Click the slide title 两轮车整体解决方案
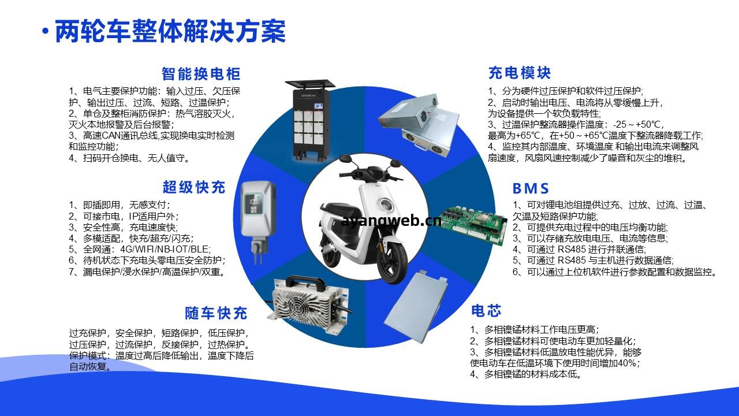pyautogui.click(x=170, y=32)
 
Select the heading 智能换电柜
pyautogui.click(x=201, y=74)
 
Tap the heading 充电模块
pyautogui.click(x=519, y=73)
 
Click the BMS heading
pyautogui.click(x=531, y=188)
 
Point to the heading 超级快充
pyautogui.click(x=194, y=187)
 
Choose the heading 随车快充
pyautogui.click(x=216, y=313)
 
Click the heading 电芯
pyautogui.click(x=486, y=311)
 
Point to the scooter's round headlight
pyautogui.click(x=385, y=204)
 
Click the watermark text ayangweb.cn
pyautogui.click(x=391, y=221)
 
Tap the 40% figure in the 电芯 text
pyautogui.click(x=626, y=363)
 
